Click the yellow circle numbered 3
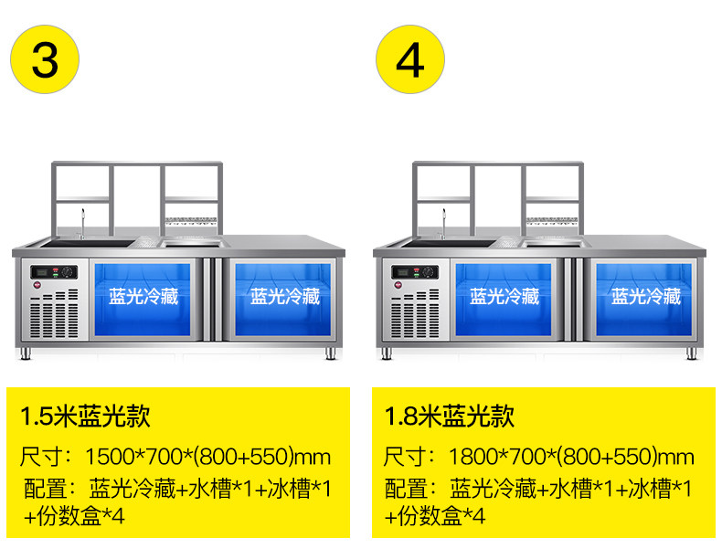[45, 59]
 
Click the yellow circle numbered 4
[410, 59]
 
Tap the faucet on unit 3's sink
[83, 224]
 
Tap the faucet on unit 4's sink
[444, 224]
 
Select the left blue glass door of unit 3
[143, 300]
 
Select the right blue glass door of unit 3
[283, 300]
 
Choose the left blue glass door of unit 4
[504, 300]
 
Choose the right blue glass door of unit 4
[644, 300]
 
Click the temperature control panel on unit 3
[54, 272]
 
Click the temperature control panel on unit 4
[415, 272]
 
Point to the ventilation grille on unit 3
[54, 314]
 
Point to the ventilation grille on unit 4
[415, 314]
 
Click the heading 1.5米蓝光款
[85, 417]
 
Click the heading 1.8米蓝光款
[450, 417]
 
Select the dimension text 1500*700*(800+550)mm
[208, 457]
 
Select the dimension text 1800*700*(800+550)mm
[571, 457]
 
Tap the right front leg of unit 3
[331, 353]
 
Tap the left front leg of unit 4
[387, 353]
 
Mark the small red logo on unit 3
[37, 285]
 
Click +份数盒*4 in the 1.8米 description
[435, 516]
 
